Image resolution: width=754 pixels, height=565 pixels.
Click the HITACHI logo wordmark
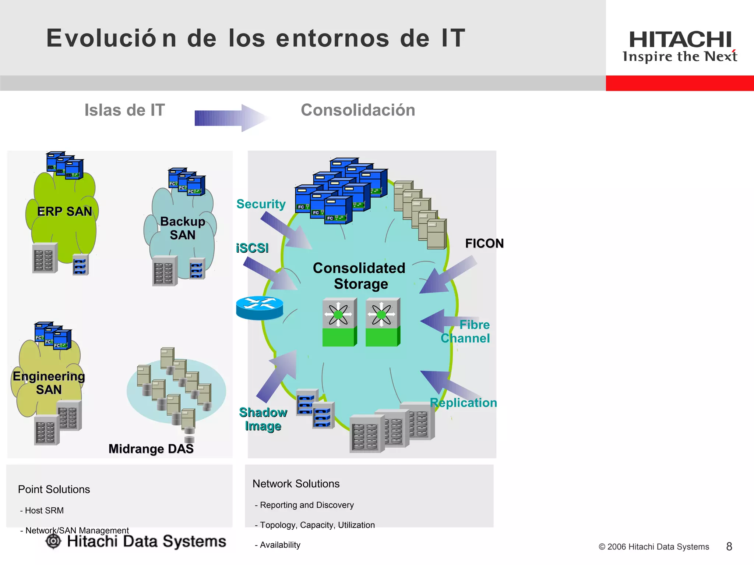pyautogui.click(x=680, y=40)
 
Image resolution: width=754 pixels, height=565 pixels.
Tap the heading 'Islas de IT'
pyautogui.click(x=124, y=110)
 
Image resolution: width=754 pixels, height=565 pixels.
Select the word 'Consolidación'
pyautogui.click(x=358, y=110)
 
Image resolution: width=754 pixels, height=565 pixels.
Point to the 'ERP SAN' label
pyautogui.click(x=64, y=212)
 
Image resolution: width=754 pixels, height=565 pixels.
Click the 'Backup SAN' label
pyautogui.click(x=183, y=228)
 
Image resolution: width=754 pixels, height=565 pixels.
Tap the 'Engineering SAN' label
pyautogui.click(x=49, y=383)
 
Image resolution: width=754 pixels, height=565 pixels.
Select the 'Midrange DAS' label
pyautogui.click(x=151, y=449)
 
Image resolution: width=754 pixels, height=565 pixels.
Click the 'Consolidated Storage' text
pyautogui.click(x=359, y=276)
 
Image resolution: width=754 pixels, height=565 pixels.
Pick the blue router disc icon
pyautogui.click(x=260, y=308)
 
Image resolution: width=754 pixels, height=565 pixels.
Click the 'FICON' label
pyautogui.click(x=484, y=244)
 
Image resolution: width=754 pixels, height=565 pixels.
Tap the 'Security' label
pyautogui.click(x=261, y=204)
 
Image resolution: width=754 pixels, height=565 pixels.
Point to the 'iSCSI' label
pyautogui.click(x=252, y=248)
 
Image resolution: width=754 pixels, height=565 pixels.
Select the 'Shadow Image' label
pyautogui.click(x=263, y=419)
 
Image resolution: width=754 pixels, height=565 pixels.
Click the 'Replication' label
pyautogui.click(x=463, y=403)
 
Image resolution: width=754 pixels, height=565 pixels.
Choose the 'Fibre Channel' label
pyautogui.click(x=466, y=331)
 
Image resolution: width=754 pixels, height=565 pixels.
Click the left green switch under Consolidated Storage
pyautogui.click(x=339, y=322)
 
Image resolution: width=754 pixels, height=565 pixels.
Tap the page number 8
pyautogui.click(x=729, y=547)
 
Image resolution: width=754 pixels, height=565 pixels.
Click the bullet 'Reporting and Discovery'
pyautogui.click(x=307, y=505)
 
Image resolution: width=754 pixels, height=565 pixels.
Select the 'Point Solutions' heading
pyautogui.click(x=54, y=490)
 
